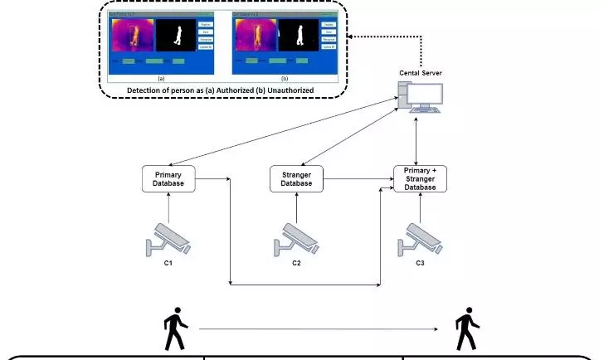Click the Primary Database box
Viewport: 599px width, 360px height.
[x=168, y=178]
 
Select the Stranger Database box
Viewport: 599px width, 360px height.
[x=295, y=178]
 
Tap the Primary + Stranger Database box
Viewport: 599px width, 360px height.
[x=420, y=178]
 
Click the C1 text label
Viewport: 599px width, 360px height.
[x=168, y=263]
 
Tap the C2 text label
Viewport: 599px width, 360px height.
[x=295, y=263]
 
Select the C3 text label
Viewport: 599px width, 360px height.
[x=420, y=263]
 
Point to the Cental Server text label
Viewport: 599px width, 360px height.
[x=421, y=73]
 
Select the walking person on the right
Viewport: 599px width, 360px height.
[x=467, y=330]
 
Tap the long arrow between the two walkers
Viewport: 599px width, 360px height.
[x=319, y=330]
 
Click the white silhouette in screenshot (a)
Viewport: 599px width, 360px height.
[x=171, y=35]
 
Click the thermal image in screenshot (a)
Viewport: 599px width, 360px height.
[x=130, y=35]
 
